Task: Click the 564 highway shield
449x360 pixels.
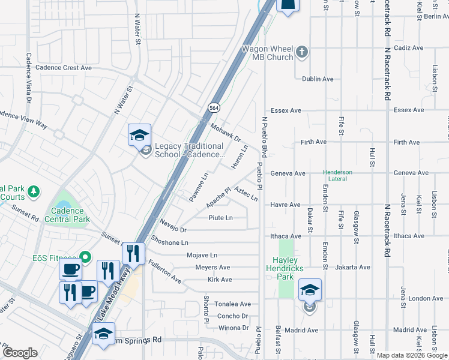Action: click(x=213, y=107)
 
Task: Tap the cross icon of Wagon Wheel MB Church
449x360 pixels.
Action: click(x=302, y=53)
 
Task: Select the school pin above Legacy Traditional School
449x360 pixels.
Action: click(x=139, y=134)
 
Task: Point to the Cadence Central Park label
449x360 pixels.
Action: click(x=70, y=215)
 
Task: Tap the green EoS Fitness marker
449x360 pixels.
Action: click(x=86, y=257)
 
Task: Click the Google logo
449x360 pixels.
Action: click(x=20, y=352)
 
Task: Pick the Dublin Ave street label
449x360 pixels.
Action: click(x=318, y=79)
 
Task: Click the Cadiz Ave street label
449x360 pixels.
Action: click(x=409, y=48)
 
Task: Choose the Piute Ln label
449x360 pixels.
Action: click(x=220, y=218)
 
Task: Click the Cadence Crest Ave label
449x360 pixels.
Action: click(x=64, y=68)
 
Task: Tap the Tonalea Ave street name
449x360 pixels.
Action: click(x=233, y=304)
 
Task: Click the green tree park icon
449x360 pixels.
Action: click(x=35, y=191)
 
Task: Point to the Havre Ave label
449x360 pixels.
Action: click(x=285, y=205)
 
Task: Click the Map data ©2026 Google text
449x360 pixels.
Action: click(x=411, y=355)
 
